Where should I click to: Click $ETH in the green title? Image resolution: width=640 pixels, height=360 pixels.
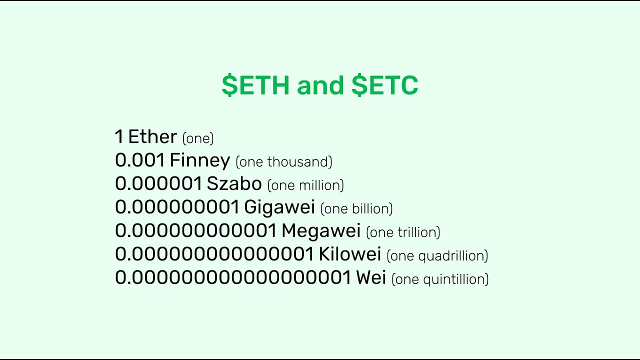coord(255,85)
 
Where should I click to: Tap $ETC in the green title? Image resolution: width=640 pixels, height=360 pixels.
coord(384,85)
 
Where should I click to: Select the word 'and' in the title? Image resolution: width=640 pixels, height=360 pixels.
coord(320,85)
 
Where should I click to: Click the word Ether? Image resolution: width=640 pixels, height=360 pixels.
coord(152,136)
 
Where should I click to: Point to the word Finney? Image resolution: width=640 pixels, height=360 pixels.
coord(199,160)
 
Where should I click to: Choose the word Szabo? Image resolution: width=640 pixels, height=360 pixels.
coord(234,183)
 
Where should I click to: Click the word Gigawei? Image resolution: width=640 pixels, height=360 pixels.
coord(279,207)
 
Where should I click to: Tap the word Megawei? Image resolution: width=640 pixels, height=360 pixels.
coord(321,230)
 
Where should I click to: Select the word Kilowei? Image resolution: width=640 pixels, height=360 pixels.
coord(350,254)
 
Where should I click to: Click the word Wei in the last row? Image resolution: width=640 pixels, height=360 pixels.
coord(371,277)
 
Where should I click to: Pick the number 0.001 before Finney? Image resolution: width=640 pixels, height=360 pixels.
coord(140,160)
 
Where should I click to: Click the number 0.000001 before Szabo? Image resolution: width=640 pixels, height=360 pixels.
coord(158,183)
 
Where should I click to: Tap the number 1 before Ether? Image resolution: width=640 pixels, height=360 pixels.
coord(118,136)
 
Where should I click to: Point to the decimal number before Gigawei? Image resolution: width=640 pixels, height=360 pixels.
coord(177,207)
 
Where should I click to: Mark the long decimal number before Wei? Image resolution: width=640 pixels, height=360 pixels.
coord(233,277)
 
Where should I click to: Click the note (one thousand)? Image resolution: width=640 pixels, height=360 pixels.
coord(283,162)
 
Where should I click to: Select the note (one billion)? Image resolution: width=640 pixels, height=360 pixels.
coord(356,208)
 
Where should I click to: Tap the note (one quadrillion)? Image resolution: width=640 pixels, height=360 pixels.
coord(437,255)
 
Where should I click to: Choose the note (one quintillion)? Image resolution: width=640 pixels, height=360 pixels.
coord(440,279)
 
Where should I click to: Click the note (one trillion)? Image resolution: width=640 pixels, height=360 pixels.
coord(403,232)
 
